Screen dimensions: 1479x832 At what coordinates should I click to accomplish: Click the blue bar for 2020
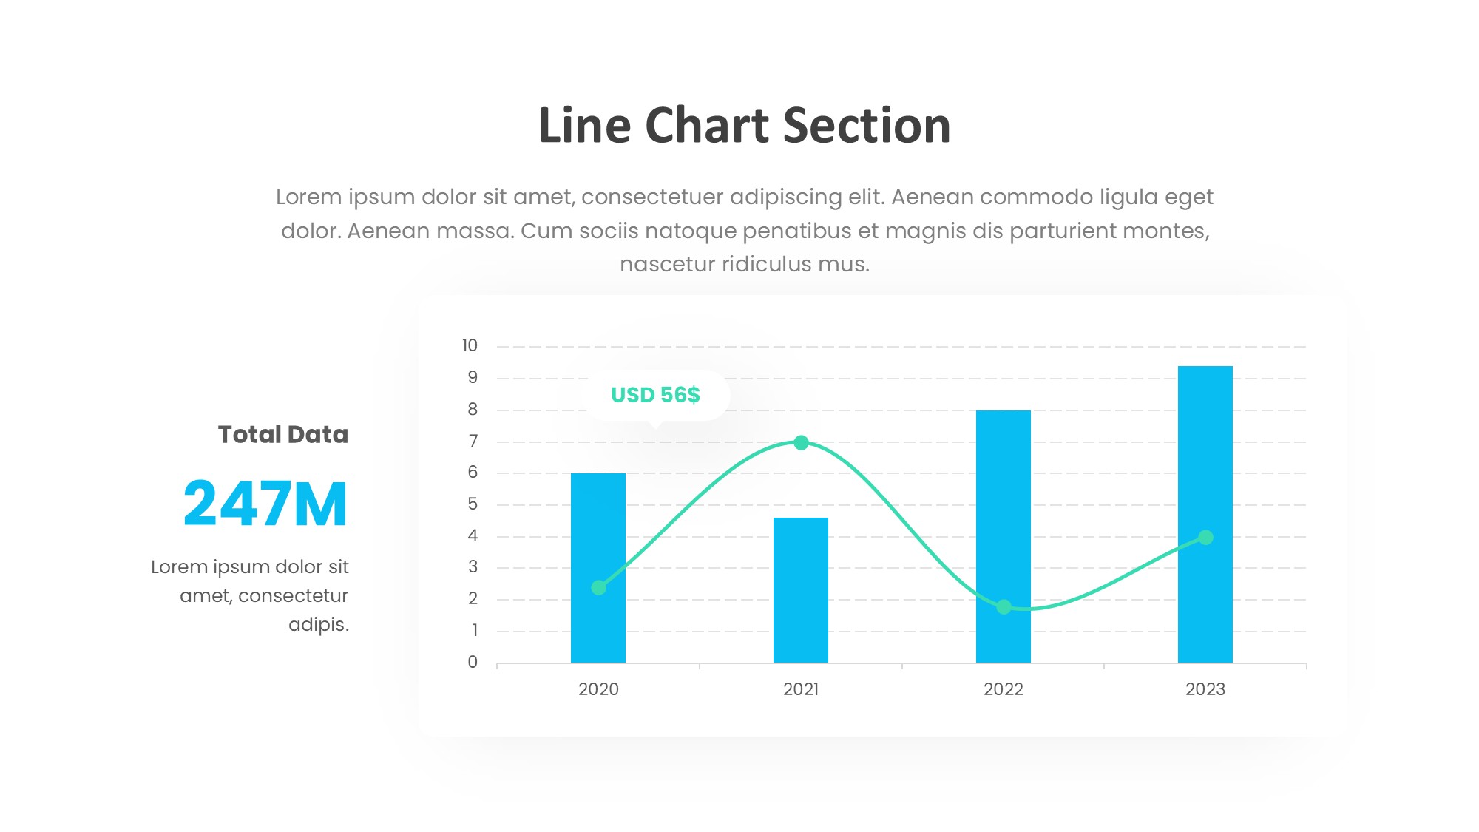[598, 567]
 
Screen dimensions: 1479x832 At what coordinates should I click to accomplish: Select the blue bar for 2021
[801, 589]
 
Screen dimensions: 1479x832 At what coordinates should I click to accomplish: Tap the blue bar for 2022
[1004, 536]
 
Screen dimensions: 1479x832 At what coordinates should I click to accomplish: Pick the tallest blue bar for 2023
[1205, 514]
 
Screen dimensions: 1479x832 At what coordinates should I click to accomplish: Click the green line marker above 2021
[801, 442]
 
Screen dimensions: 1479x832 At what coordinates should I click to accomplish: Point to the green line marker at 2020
[599, 587]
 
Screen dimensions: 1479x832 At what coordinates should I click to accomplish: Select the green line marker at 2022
[1004, 606]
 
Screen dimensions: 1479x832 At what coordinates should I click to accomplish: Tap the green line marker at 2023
[1205, 537]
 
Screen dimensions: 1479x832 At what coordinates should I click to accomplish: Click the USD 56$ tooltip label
[655, 395]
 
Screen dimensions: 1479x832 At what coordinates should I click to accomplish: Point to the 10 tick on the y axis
[470, 345]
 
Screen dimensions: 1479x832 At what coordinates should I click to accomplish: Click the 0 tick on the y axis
[473, 662]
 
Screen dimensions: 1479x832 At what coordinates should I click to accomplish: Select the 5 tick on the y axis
[473, 504]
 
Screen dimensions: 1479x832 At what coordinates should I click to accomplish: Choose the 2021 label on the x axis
[801, 689]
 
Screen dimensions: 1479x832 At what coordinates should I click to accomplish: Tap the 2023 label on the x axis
[1205, 689]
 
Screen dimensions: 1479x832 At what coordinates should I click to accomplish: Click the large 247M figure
[265, 504]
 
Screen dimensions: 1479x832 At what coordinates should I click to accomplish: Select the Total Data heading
[283, 434]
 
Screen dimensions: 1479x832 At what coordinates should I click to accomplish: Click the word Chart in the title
[707, 125]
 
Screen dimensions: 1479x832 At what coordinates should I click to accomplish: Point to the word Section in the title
[867, 125]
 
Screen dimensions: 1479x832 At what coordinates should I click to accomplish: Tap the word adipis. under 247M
[319, 625]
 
